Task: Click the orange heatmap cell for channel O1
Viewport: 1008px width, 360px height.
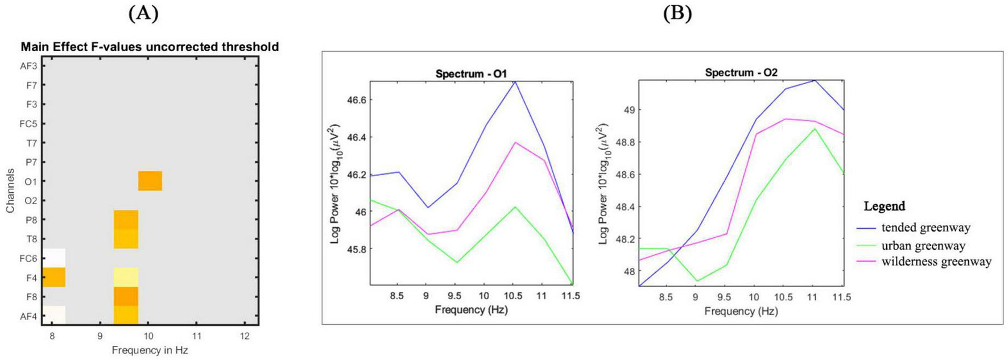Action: (x=150, y=181)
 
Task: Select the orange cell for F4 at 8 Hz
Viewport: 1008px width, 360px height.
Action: (x=54, y=277)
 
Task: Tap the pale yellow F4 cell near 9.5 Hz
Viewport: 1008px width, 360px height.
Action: (x=126, y=277)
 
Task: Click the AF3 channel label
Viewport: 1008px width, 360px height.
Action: (x=28, y=66)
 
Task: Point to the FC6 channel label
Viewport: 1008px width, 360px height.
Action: (x=28, y=258)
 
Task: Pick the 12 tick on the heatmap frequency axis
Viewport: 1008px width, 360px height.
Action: (x=245, y=336)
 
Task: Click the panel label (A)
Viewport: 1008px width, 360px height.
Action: (x=143, y=13)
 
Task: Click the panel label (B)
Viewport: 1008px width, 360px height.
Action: (x=677, y=13)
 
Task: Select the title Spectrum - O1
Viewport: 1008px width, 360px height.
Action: (x=470, y=73)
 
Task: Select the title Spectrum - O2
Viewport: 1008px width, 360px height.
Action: (x=741, y=72)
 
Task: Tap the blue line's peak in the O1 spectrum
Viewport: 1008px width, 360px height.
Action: (x=514, y=81)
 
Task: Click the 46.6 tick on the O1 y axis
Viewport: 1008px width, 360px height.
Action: (x=357, y=100)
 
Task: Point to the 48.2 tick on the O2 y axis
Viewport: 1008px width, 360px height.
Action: (x=625, y=239)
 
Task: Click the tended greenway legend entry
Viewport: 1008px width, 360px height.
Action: (x=925, y=227)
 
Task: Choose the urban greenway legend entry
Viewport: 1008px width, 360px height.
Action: (x=923, y=246)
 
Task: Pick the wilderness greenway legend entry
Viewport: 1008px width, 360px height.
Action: (x=936, y=262)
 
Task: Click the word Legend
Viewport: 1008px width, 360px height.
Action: (x=884, y=206)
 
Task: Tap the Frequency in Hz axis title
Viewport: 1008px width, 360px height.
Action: (x=150, y=350)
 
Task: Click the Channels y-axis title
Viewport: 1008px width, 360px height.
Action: (x=10, y=191)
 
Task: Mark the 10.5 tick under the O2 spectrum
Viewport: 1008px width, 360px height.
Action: (x=783, y=297)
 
